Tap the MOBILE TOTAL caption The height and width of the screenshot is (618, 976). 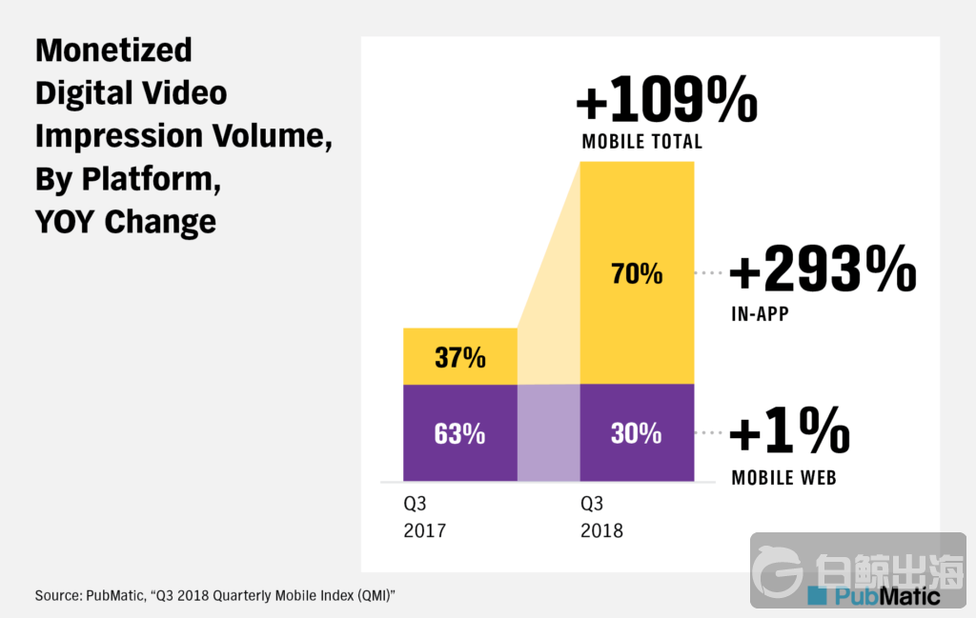point(641,142)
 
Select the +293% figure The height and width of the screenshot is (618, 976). point(822,270)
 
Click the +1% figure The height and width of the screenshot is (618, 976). point(789,434)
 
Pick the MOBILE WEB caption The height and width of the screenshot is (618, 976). point(783,477)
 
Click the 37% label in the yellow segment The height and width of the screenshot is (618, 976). point(459,358)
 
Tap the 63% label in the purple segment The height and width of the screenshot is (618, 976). point(459,433)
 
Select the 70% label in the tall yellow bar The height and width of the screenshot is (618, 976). point(636,274)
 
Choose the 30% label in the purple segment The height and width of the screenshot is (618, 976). point(636,433)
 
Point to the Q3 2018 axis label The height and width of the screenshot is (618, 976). point(601,516)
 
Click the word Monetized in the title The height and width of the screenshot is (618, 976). point(113,50)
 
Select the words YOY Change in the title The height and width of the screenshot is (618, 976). point(125,221)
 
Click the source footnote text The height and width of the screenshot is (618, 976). point(214,595)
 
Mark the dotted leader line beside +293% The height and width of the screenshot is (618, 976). point(710,273)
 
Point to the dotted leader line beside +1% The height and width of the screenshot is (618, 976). point(710,433)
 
